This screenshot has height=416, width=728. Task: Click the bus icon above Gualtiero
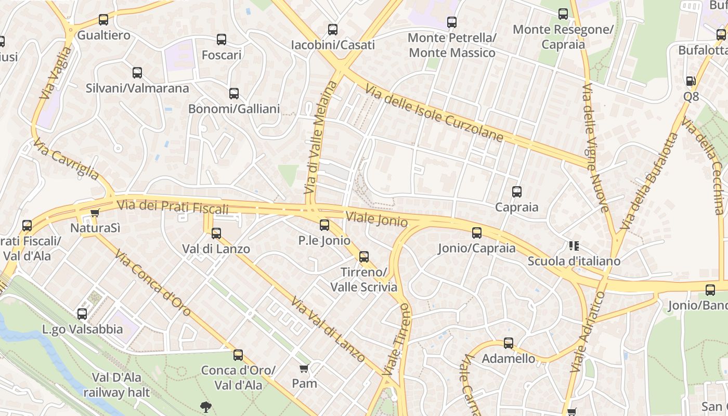pyautogui.click(x=103, y=20)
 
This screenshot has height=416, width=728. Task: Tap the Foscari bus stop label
pyautogui.click(x=222, y=55)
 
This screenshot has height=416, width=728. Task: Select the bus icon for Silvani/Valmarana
pyautogui.click(x=137, y=73)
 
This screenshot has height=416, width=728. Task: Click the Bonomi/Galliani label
pyautogui.click(x=234, y=109)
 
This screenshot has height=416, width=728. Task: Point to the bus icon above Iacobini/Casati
pyautogui.click(x=333, y=30)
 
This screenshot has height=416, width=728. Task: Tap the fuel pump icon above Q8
pyautogui.click(x=691, y=81)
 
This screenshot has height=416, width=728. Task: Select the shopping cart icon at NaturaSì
pyautogui.click(x=95, y=213)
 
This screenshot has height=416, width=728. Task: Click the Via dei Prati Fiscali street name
pyautogui.click(x=172, y=206)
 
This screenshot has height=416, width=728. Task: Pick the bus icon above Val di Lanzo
pyautogui.click(x=216, y=233)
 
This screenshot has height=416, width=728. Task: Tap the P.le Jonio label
pyautogui.click(x=324, y=240)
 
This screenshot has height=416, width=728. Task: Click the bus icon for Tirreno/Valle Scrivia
pyautogui.click(x=364, y=256)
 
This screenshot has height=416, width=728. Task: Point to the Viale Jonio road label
pyautogui.click(x=376, y=219)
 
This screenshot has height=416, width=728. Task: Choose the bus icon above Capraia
pyautogui.click(x=517, y=192)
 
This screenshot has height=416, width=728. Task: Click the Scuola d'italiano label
pyautogui.click(x=574, y=261)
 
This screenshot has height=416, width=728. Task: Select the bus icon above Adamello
pyautogui.click(x=509, y=343)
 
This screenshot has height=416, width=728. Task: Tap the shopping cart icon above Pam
pyautogui.click(x=304, y=369)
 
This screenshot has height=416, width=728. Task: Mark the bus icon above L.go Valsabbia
pyautogui.click(x=82, y=314)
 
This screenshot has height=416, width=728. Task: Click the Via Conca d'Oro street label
pyautogui.click(x=153, y=283)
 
